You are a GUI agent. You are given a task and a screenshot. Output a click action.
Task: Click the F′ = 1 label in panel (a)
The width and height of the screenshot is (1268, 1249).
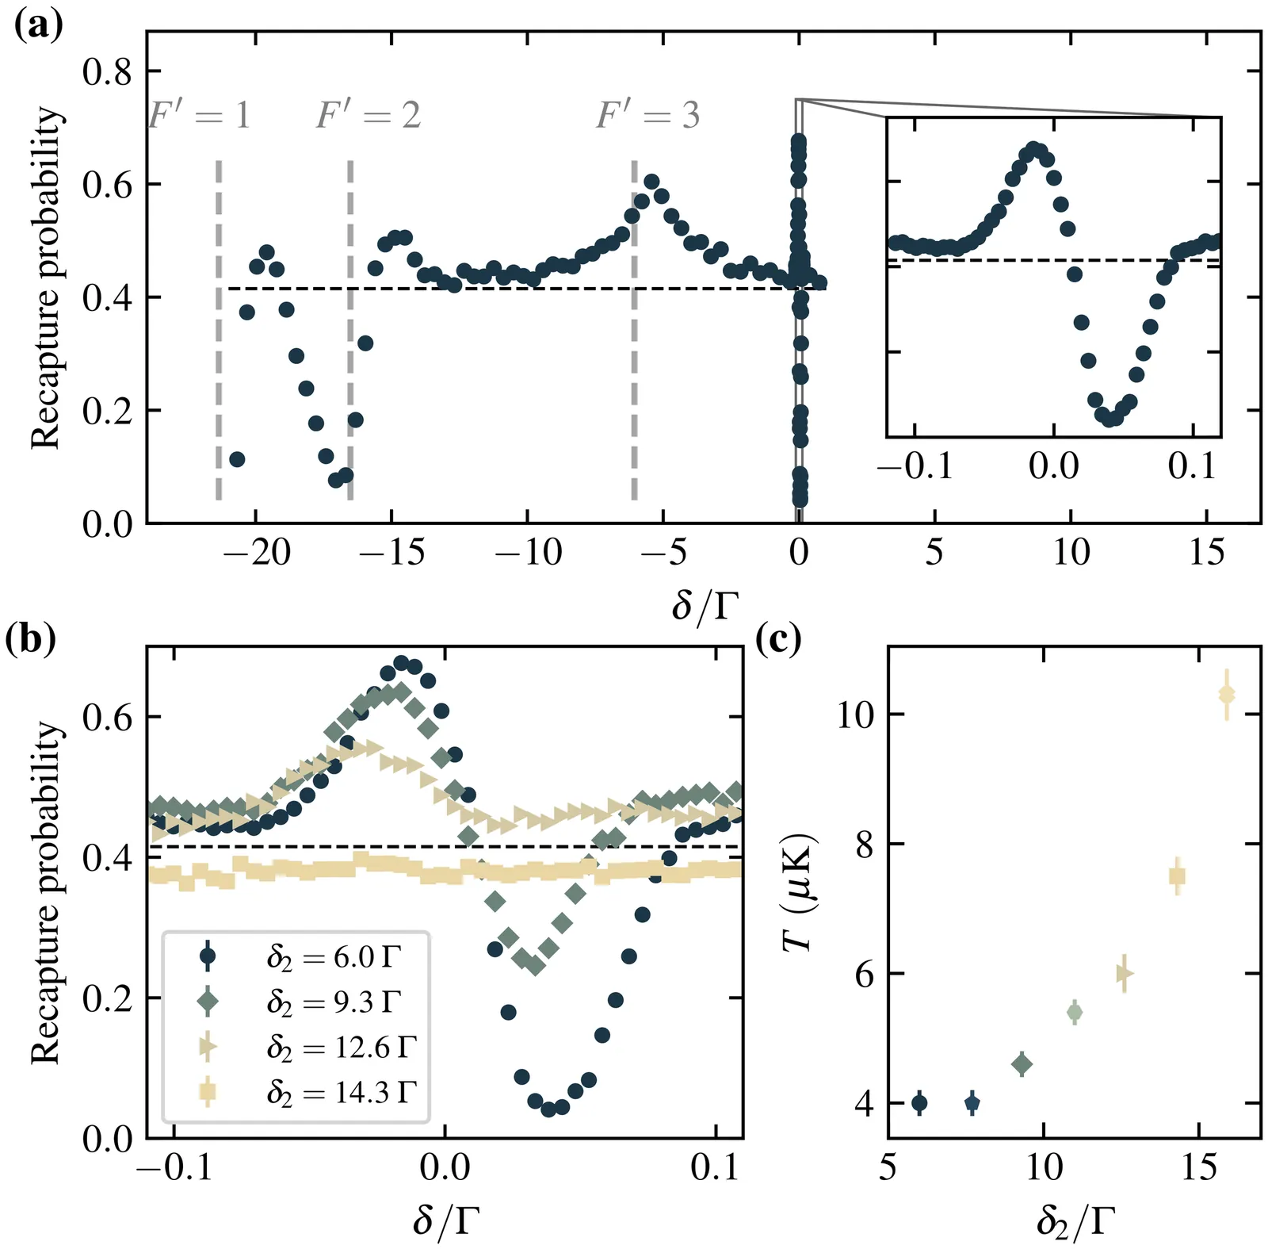(x=200, y=116)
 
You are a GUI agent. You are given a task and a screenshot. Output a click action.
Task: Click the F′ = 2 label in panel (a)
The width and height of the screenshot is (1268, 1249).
(x=369, y=116)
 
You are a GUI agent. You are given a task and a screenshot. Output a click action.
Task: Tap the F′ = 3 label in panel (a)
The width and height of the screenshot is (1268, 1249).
(x=648, y=116)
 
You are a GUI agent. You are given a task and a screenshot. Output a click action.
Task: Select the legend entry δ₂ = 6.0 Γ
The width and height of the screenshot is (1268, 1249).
(x=333, y=957)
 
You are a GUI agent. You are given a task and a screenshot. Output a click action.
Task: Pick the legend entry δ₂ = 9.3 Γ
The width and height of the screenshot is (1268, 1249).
(x=333, y=1002)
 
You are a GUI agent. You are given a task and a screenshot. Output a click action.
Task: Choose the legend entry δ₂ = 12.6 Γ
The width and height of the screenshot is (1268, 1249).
(x=341, y=1048)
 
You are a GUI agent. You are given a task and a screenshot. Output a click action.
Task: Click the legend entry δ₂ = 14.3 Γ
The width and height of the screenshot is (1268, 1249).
(x=341, y=1093)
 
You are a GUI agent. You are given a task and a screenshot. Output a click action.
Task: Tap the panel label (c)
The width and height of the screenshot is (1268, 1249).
(x=778, y=639)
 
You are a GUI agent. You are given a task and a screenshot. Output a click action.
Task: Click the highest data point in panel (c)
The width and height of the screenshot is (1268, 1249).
(x=1227, y=695)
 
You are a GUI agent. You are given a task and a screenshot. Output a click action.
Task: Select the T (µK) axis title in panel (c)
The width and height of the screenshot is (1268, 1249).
(x=799, y=892)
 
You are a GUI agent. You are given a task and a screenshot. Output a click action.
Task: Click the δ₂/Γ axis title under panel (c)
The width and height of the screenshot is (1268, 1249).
(x=1075, y=1221)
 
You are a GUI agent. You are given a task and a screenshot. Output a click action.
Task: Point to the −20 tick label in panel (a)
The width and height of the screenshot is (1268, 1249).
(x=257, y=552)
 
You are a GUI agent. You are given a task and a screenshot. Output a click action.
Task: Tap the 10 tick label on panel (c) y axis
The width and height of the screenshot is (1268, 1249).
(x=856, y=715)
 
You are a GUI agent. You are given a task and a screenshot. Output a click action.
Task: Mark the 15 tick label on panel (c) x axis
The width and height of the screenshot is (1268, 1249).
(x=1198, y=1167)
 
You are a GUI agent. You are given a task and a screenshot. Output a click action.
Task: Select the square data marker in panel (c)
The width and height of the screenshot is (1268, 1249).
(x=1177, y=876)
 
